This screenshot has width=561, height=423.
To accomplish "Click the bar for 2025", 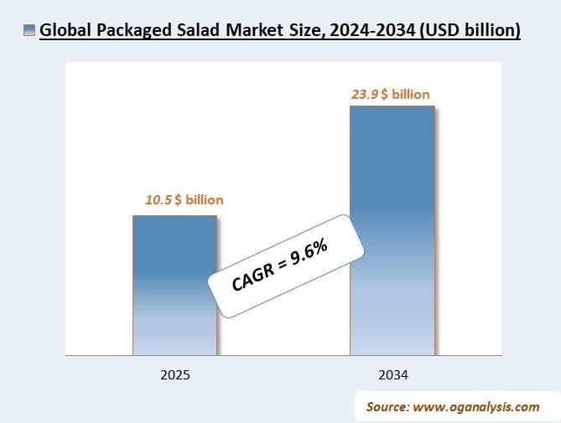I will [174, 285].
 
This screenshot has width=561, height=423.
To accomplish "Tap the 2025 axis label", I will [175, 375].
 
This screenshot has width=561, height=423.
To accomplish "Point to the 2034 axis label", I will [392, 375].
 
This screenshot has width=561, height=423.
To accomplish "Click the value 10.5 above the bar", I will [158, 200].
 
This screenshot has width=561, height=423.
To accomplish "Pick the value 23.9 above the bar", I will [364, 95].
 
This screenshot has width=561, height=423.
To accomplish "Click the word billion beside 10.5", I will [205, 200].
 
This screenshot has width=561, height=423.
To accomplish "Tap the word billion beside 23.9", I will [410, 95].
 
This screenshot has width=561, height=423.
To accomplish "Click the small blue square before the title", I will [30, 31].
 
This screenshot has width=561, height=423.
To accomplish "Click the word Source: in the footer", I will [387, 407].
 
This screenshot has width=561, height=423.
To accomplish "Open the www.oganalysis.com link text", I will [475, 407].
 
